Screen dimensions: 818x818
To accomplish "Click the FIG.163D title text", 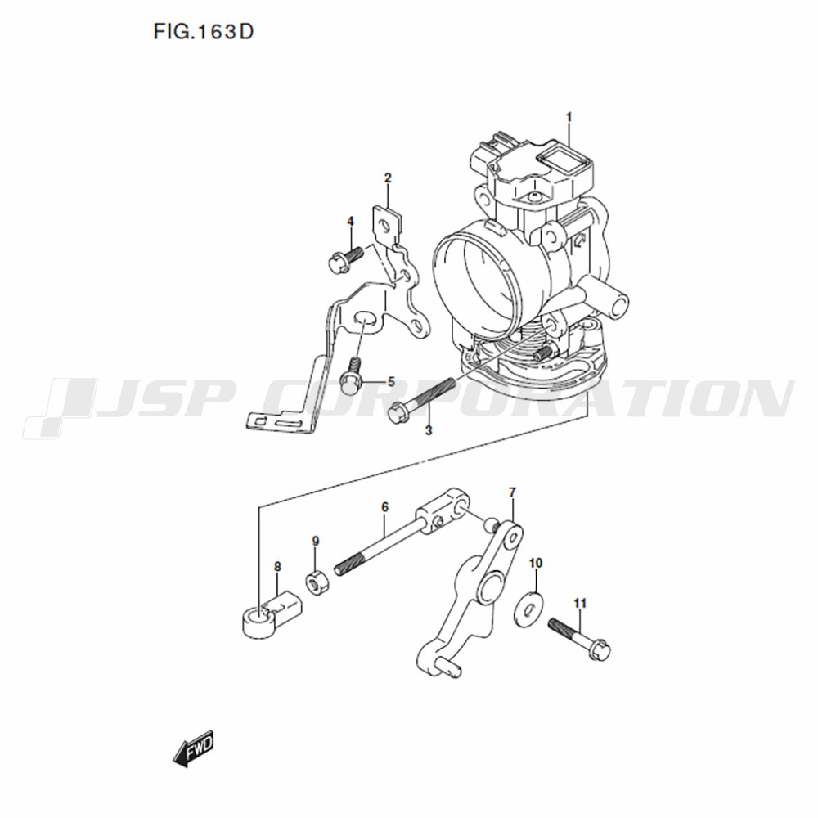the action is pyautogui.click(x=204, y=32).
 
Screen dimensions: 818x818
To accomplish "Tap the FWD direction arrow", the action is pyautogui.click(x=194, y=748).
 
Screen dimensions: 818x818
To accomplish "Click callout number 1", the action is pyautogui.click(x=569, y=117).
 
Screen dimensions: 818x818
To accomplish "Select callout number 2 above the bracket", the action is pyautogui.click(x=388, y=178).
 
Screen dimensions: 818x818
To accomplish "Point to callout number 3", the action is pyautogui.click(x=429, y=430).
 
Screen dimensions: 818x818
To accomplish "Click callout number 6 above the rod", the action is pyautogui.click(x=385, y=506).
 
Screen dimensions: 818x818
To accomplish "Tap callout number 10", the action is pyautogui.click(x=536, y=563).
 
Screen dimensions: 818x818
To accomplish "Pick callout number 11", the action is pyautogui.click(x=580, y=603).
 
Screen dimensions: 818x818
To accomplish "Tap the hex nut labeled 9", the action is pyautogui.click(x=317, y=582).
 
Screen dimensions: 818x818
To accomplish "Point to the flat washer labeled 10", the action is pyautogui.click(x=528, y=608).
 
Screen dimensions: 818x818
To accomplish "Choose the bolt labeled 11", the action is pyautogui.click(x=579, y=639).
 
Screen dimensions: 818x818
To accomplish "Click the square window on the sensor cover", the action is pyautogui.click(x=556, y=159).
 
